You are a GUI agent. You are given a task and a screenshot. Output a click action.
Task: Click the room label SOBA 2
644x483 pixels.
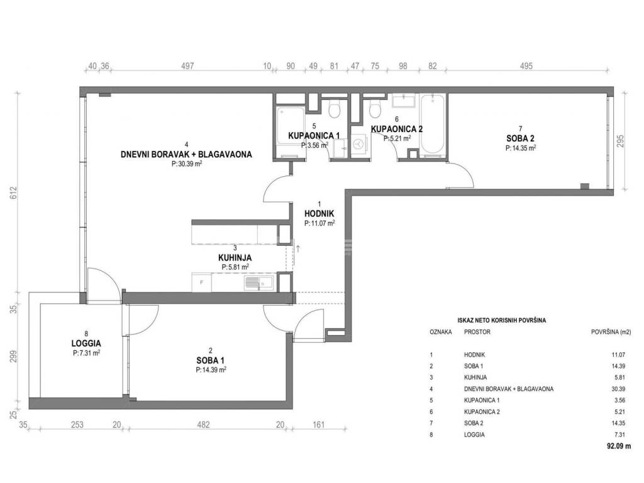[520, 138]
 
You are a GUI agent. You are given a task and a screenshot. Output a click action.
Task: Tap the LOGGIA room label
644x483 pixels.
[86, 343]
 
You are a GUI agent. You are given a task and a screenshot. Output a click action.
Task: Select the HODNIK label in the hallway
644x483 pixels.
[319, 214]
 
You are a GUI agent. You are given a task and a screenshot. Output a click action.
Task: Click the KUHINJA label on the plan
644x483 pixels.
[235, 258]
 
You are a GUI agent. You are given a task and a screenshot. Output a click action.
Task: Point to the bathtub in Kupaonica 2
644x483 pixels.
[433, 125]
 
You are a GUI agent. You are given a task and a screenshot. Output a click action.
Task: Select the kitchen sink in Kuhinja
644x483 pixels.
[258, 282]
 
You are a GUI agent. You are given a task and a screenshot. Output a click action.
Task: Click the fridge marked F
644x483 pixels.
[202, 282]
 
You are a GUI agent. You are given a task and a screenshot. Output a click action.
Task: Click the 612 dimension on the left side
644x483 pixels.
[14, 192]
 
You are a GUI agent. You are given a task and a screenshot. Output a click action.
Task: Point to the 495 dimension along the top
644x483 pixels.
[526, 65]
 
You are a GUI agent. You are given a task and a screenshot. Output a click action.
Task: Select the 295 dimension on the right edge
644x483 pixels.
[619, 142]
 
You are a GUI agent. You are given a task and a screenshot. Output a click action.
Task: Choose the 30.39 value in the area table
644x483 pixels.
[618, 389]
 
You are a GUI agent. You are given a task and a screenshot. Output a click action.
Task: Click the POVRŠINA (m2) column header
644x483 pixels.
[611, 332]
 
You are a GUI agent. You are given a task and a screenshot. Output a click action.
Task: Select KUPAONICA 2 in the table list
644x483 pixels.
[482, 411]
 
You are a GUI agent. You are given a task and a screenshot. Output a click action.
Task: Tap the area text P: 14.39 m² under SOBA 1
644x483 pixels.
[211, 370]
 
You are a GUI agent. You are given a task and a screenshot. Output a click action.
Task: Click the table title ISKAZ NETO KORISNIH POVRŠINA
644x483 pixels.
[501, 320]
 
